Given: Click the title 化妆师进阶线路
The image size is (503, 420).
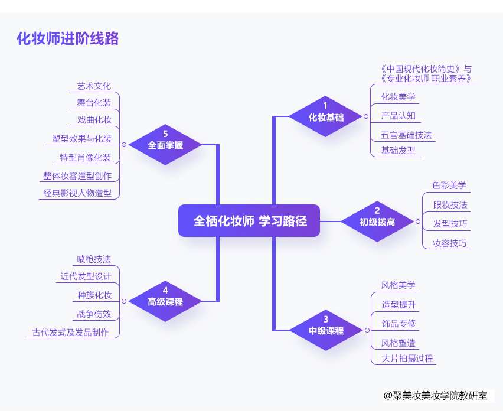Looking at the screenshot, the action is click(x=68, y=39).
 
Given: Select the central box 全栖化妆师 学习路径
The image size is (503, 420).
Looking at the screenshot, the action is click(x=249, y=221).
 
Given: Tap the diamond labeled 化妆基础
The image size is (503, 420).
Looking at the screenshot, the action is click(x=326, y=116).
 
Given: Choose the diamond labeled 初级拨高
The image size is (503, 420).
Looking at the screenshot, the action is click(x=377, y=222).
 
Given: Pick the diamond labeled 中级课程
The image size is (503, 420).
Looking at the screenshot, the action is click(x=326, y=330).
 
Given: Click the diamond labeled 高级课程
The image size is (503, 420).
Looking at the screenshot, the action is click(x=165, y=301).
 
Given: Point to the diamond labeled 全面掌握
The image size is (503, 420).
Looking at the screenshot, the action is click(x=165, y=144).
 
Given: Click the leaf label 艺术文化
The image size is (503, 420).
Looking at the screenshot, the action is click(x=94, y=86).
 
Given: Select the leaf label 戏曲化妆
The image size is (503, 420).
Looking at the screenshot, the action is click(x=94, y=120).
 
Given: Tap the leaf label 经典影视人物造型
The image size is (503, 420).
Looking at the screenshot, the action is click(x=77, y=193).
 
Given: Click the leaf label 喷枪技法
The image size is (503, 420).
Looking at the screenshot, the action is click(x=94, y=259).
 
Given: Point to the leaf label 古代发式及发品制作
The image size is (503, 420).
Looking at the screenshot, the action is click(x=71, y=332).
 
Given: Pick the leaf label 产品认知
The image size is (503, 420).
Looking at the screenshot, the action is click(x=398, y=116).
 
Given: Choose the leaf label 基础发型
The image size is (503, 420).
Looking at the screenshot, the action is click(x=398, y=150).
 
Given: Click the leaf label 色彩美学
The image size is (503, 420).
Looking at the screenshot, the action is click(x=449, y=185).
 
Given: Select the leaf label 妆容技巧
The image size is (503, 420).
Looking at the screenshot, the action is click(x=449, y=243).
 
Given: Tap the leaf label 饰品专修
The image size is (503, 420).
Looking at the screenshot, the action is click(x=399, y=324).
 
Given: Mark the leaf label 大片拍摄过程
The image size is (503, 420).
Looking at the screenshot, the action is click(x=407, y=359).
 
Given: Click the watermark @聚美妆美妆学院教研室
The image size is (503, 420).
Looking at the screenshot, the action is click(x=435, y=395).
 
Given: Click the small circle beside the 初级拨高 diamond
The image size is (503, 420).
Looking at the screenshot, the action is click(x=417, y=222).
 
